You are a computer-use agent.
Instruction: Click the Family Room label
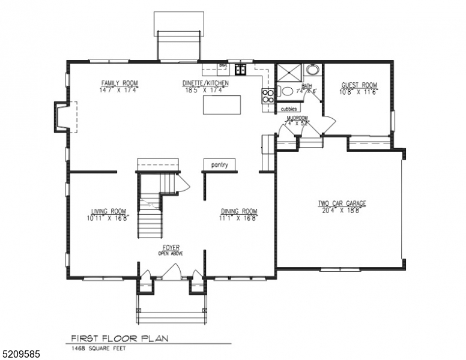(x=120, y=83)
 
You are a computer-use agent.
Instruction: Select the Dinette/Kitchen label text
(x=204, y=83)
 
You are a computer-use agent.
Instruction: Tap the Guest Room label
(x=359, y=85)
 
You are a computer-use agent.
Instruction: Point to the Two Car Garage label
(x=342, y=203)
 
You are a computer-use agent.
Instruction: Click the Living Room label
(x=109, y=211)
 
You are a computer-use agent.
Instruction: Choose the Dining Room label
(x=239, y=211)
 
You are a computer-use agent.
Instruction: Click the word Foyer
(x=171, y=247)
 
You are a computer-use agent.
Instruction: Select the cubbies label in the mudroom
(x=289, y=109)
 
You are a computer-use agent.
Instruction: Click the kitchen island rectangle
(x=222, y=105)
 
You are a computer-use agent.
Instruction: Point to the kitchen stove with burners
(x=267, y=93)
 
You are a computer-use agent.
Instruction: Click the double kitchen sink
(x=241, y=70)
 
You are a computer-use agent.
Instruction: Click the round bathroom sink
(x=312, y=70)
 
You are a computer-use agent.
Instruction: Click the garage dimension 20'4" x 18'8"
(x=342, y=211)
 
